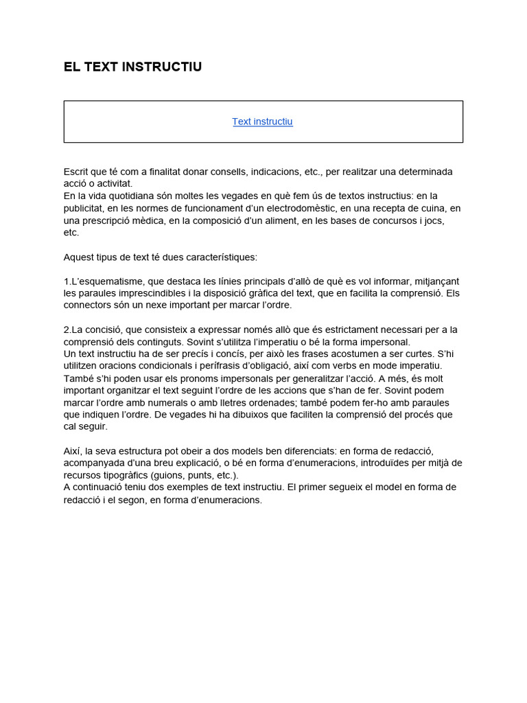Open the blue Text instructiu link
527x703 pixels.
point(262,122)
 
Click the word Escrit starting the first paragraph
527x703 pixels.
point(77,171)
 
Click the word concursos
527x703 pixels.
point(388,220)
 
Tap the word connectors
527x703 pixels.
point(88,305)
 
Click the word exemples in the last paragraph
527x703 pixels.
point(182,487)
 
